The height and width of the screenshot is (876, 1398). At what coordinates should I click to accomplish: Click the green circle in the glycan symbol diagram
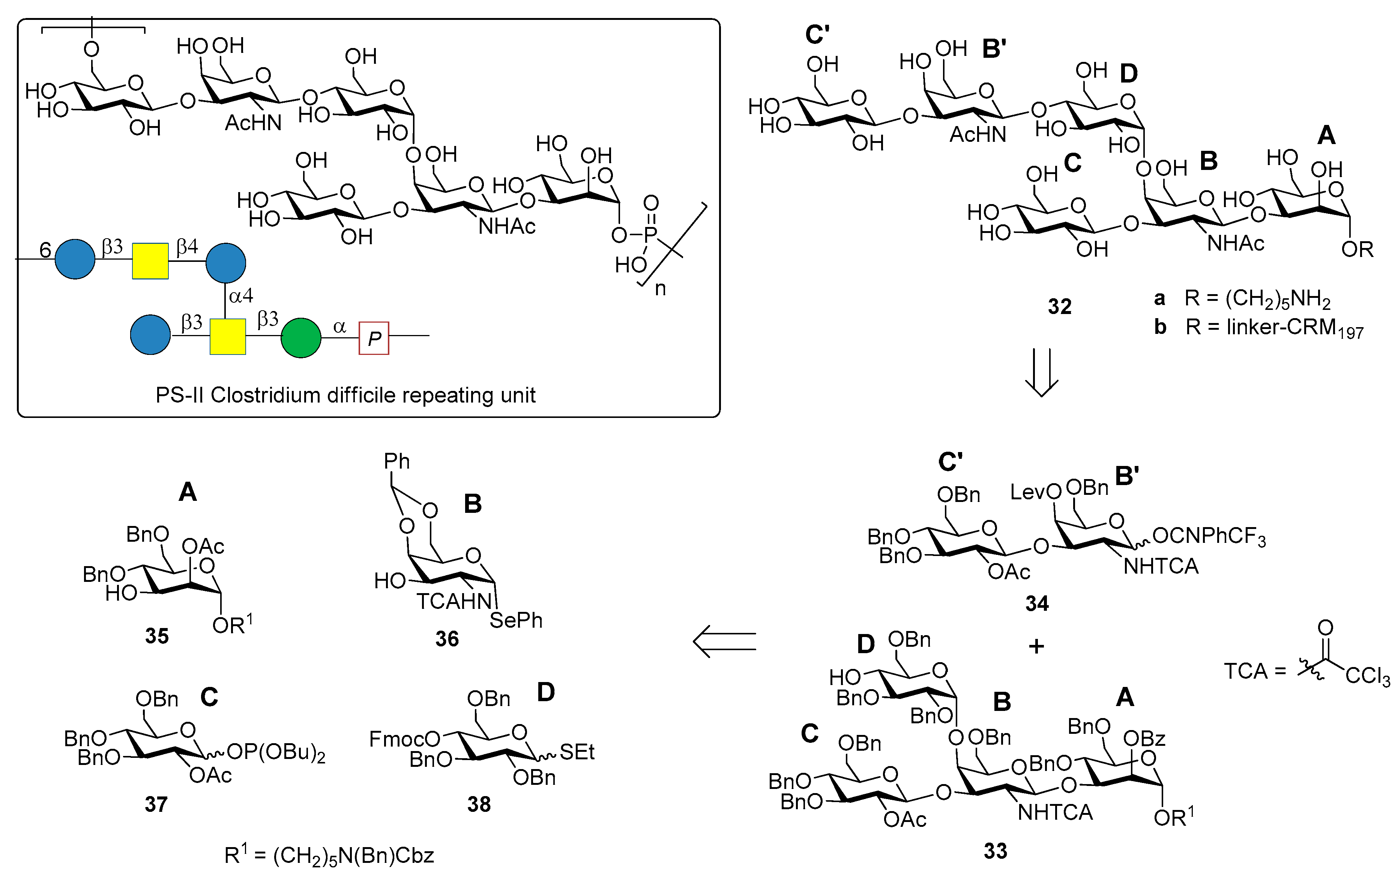tap(300, 337)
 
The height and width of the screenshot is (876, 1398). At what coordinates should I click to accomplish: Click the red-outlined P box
tap(374, 338)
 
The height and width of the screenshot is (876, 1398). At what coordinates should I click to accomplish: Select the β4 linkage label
tap(187, 247)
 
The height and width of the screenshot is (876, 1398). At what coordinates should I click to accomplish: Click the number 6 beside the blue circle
tap(45, 250)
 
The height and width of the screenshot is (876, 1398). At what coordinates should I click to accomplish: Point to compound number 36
tap(446, 639)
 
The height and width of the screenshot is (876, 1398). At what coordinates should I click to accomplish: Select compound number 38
tap(479, 804)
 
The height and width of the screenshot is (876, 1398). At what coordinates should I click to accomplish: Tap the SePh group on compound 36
tap(515, 621)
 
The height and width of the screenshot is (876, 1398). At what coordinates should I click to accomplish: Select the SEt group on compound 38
tap(577, 752)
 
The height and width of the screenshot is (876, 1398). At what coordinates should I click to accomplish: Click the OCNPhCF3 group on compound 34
tap(1209, 536)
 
